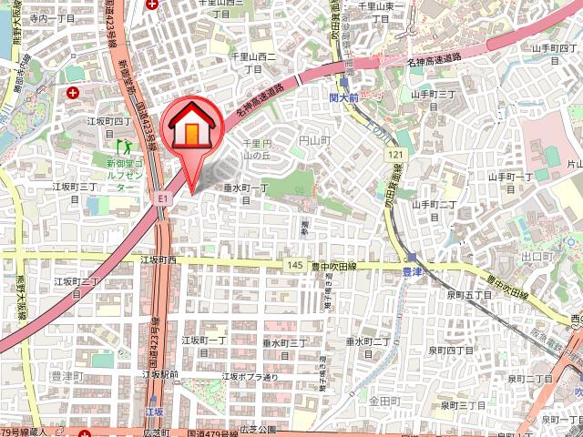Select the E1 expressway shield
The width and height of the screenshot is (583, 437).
click(161, 196)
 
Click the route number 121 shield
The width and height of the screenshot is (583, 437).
click(394, 157)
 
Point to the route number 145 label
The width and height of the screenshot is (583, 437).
click(293, 265)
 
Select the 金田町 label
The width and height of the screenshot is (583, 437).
click(384, 401)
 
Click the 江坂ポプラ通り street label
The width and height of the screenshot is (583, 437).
click(248, 375)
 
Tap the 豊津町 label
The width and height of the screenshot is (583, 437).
click(66, 375)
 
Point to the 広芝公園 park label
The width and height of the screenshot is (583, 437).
click(256, 429)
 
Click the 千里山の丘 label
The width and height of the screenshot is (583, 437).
click(262, 149)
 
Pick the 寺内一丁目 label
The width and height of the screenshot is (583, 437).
click(53, 18)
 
